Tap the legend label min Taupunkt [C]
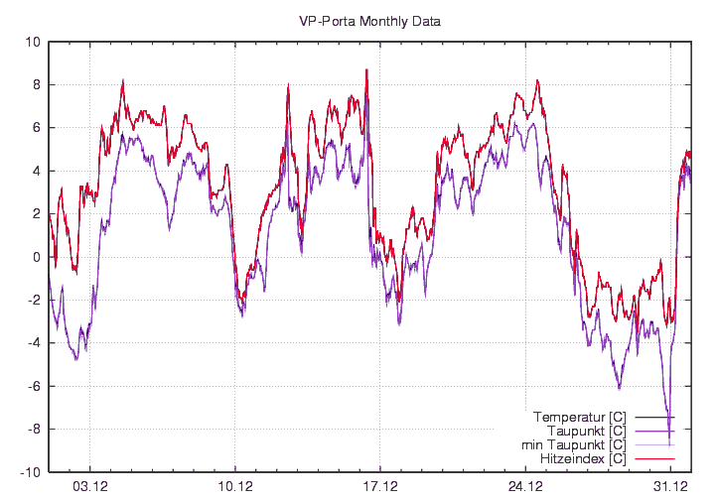pyautogui.click(x=573, y=444)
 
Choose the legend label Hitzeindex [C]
pyautogui.click(x=583, y=459)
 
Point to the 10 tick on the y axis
pyautogui.click(x=33, y=42)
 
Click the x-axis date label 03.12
pyautogui.click(x=89, y=486)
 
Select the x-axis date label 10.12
pyautogui.click(x=234, y=486)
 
